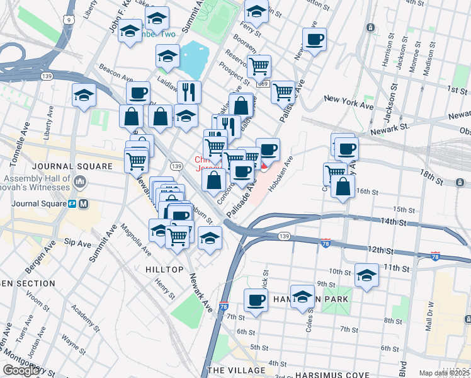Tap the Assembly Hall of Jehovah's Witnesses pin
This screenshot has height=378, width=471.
coord(80,183)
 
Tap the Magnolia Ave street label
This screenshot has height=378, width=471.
coord(135,239)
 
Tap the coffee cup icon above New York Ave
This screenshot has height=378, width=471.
coord(314,40)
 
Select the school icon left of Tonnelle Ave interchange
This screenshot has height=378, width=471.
coord(84,96)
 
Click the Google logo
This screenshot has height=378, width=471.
coord(21,370)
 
